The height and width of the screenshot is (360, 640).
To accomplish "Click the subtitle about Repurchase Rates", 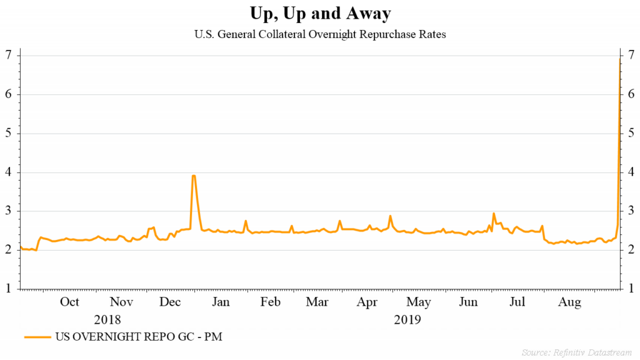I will [320, 34].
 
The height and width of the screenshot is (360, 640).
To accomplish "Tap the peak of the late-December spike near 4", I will [194, 176].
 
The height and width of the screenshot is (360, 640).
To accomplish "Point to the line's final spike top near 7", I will [619, 58].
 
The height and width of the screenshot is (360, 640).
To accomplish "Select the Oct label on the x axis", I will [69, 302].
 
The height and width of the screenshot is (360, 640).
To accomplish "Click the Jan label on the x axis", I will [221, 302].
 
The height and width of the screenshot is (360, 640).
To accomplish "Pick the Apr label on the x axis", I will [368, 302].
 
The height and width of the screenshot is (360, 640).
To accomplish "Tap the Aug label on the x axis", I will [569, 302].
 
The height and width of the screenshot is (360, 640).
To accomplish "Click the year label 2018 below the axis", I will [107, 320].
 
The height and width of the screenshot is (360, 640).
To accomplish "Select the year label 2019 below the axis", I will [407, 320].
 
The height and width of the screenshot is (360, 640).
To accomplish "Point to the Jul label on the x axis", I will [517, 302].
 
